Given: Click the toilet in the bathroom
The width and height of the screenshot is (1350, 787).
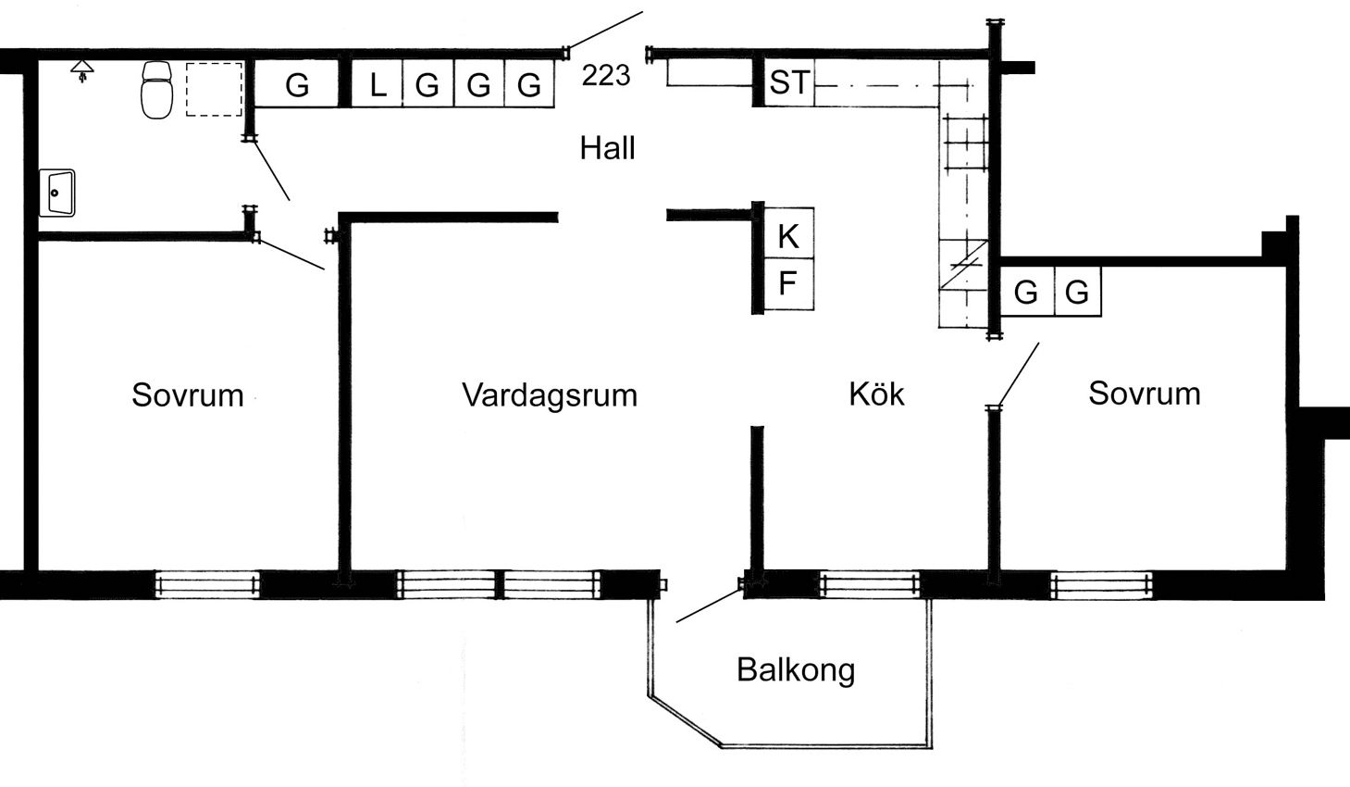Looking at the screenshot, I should pos(157,89).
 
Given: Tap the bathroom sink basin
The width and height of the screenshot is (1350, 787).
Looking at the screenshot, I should pos(57,193).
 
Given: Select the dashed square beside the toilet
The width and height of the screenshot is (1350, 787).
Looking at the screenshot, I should pos(214,89).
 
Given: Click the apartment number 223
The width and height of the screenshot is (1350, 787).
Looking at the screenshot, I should pos(606,75).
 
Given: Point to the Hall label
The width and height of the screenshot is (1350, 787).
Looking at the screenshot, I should pos(607,148).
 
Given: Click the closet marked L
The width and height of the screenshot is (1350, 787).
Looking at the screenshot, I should pos(377,85).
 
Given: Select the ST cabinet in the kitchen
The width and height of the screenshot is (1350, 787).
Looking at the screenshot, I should pos(788,83).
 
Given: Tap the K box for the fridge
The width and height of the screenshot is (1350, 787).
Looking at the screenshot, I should pos(787,237).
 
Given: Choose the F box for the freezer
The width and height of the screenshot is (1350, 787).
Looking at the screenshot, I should pos(787,283).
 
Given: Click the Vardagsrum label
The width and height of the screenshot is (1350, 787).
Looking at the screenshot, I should pos(550,395).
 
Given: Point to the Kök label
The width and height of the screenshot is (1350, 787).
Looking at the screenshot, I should pos(876,394).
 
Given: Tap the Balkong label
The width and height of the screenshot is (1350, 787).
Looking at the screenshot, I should pos(796,669).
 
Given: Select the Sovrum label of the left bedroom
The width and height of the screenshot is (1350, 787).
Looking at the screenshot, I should pos(188,395).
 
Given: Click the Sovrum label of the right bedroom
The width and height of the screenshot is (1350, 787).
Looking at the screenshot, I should pos(1145,393).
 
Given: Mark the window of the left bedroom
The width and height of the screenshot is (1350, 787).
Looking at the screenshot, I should pos(207,585).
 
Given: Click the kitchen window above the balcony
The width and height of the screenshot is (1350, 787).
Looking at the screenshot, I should pos(870,585).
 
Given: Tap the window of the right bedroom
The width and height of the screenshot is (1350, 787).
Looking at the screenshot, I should pos(1101,584).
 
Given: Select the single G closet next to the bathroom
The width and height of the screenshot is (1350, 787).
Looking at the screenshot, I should pos(296,85).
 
